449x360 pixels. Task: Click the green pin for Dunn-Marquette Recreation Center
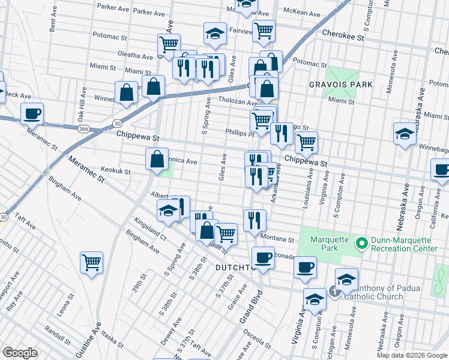(x=361, y=244)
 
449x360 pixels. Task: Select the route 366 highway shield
(x=83, y=129)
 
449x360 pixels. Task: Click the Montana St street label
(x=277, y=239)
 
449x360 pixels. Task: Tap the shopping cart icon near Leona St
(x=91, y=262)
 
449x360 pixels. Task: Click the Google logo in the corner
(x=20, y=353)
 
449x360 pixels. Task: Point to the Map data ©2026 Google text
(x=412, y=355)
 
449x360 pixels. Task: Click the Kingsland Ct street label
(x=150, y=229)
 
